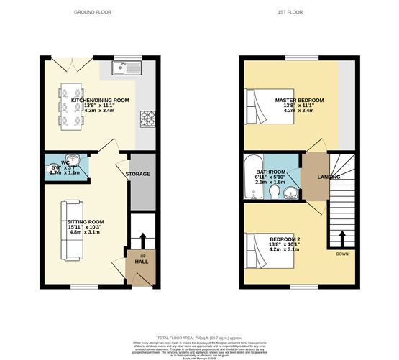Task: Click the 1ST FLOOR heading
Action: click(x=298, y=12)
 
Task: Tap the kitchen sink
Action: click(x=127, y=69)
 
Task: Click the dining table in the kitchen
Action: click(x=72, y=106)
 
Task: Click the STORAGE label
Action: click(x=138, y=174)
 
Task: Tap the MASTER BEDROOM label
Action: click(x=299, y=100)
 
